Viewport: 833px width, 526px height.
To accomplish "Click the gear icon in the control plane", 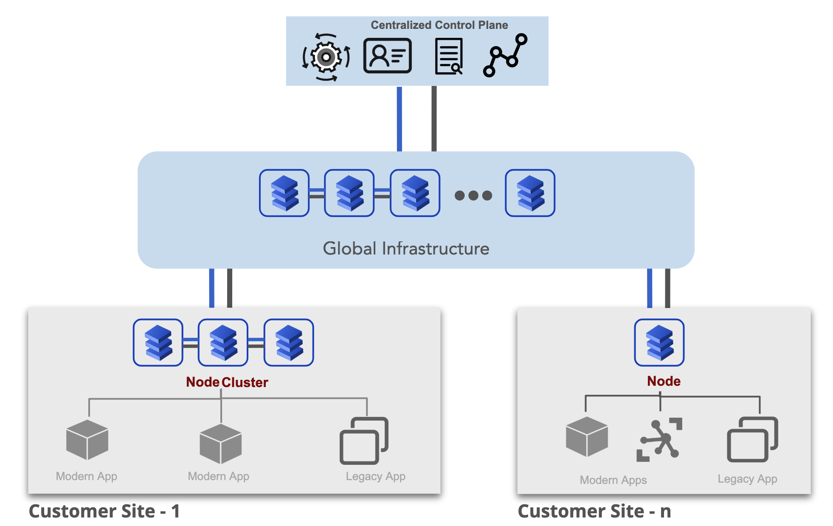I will click(326, 57).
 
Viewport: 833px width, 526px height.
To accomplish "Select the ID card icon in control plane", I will click(387, 56).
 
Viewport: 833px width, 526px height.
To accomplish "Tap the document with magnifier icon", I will click(449, 57).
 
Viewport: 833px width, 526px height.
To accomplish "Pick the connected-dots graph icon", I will click(505, 56).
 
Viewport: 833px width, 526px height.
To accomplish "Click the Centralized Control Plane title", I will click(439, 25).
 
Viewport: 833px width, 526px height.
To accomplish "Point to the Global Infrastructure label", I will click(406, 249).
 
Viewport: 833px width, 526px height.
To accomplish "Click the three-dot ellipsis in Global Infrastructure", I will click(473, 195).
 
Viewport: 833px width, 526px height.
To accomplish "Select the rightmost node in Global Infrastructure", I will click(530, 193).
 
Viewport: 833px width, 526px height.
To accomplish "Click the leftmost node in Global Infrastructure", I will click(284, 193).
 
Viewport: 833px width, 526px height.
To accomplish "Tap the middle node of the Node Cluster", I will click(223, 342).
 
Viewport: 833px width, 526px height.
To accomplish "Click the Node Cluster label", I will click(227, 382).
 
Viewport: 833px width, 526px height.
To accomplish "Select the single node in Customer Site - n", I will click(659, 342).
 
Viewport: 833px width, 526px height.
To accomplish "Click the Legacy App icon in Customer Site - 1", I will click(364, 441).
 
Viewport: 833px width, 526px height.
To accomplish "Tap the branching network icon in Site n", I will click(659, 439).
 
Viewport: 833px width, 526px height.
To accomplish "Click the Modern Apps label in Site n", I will click(613, 480).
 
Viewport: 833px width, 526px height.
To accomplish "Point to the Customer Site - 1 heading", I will click(104, 511).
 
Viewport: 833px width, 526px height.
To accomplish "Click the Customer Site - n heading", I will click(594, 511).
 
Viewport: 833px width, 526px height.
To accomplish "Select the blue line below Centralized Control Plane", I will click(399, 119).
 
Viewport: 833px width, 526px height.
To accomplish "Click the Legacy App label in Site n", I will click(747, 479).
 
